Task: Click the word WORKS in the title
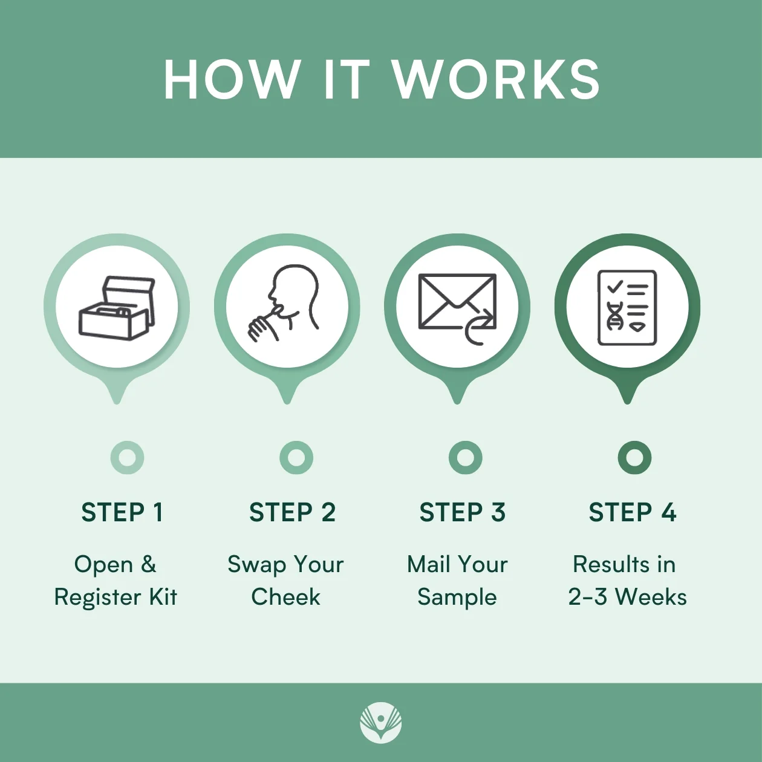tap(497, 79)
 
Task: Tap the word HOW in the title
tap(231, 79)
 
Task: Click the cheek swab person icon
tap(283, 303)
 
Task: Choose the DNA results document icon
tap(627, 308)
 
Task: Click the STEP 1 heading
tap(122, 512)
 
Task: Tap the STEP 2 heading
tap(292, 512)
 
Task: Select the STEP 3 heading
tap(462, 512)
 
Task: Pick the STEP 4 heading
tap(633, 512)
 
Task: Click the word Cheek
tap(285, 597)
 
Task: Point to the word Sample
tap(457, 598)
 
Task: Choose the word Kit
tap(163, 597)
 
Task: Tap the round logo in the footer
tap(381, 721)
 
